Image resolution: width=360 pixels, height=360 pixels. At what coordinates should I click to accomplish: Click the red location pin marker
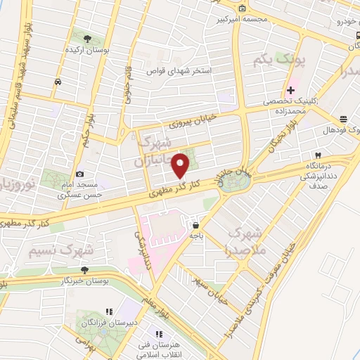[x=181, y=165]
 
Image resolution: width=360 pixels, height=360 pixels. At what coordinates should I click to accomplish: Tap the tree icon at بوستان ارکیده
[x=87, y=39]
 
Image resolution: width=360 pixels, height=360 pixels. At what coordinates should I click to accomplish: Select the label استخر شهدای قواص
[x=177, y=70]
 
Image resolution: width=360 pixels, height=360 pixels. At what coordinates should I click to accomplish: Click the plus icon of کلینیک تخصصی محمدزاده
[x=290, y=90]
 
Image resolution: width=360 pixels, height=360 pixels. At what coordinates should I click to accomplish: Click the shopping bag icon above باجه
[x=195, y=225]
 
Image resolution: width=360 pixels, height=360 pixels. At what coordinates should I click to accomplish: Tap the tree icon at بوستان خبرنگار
[x=84, y=270]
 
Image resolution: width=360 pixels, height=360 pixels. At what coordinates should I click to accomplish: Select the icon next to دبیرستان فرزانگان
[x=108, y=311]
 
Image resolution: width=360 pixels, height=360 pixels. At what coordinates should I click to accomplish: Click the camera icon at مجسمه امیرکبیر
[x=243, y=8]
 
